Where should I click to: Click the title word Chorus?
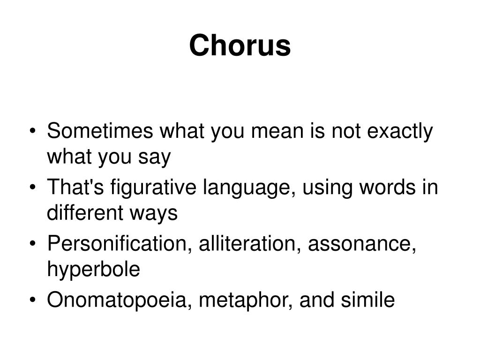pyautogui.click(x=240, y=46)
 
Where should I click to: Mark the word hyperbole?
pyautogui.click(x=93, y=270)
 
